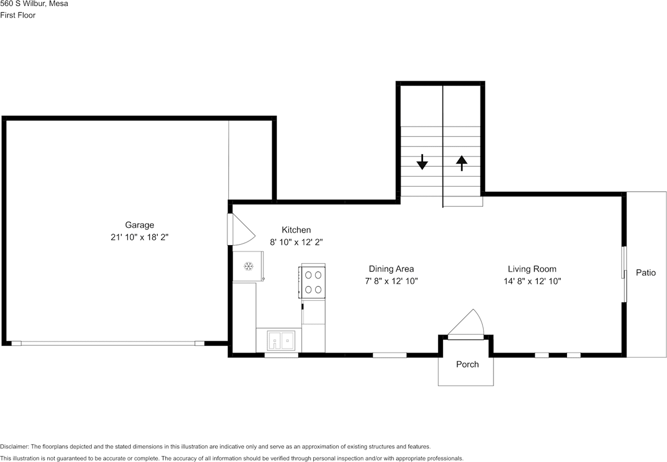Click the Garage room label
pos(139,225)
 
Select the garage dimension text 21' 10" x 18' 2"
pos(139,237)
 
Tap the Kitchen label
pos(296,230)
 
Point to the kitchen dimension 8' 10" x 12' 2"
pos(296,242)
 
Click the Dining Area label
pos(391,269)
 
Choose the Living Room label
pos(532,269)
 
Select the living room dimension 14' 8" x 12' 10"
pos(532,281)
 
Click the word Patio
pos(646,273)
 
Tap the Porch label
pos(467,364)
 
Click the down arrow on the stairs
pos(422,163)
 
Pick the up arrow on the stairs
pos(462,163)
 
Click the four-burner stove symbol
pos(312,282)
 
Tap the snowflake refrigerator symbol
pos(249,266)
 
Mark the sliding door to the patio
pos(624,274)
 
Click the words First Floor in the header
pos(18,15)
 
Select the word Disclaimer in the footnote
pos(15,447)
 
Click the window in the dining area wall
pos(389,356)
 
